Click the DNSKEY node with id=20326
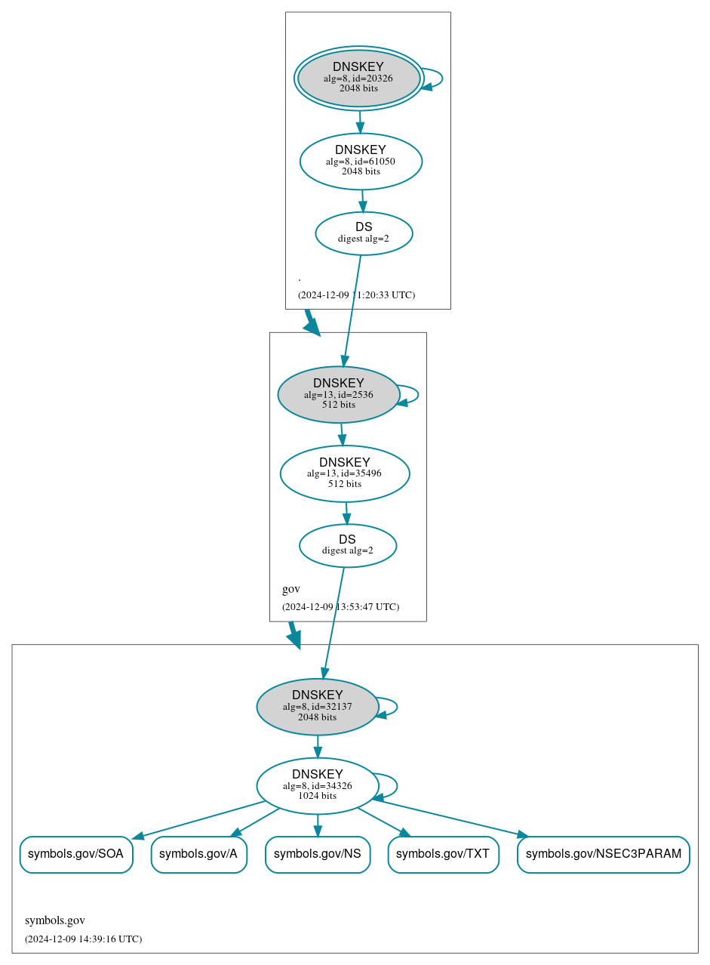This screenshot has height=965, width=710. [x=358, y=79]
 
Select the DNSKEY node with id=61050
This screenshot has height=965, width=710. [x=361, y=161]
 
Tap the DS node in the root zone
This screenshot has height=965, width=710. [x=364, y=233]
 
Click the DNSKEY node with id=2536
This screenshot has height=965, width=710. [x=338, y=394]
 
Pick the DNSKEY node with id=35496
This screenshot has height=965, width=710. [x=345, y=473]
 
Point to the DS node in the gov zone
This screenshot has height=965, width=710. [x=347, y=545]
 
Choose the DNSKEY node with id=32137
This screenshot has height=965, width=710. [x=317, y=707]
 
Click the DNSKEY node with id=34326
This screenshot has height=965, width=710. [x=317, y=786]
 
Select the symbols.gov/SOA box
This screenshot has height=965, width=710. [x=76, y=854]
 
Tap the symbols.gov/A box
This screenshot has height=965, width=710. [x=198, y=854]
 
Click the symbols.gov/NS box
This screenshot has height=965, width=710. [x=318, y=854]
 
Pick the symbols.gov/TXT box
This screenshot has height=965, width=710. [x=443, y=854]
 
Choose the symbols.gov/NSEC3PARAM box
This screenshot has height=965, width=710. [x=603, y=854]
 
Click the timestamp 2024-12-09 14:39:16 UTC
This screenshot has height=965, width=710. [x=83, y=939]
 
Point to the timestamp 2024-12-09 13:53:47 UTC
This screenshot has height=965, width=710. [x=340, y=606]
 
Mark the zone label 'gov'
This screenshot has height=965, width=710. [x=291, y=589]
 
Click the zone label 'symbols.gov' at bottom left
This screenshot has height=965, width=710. [x=55, y=920]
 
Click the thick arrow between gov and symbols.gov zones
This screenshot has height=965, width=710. [x=294, y=635]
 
